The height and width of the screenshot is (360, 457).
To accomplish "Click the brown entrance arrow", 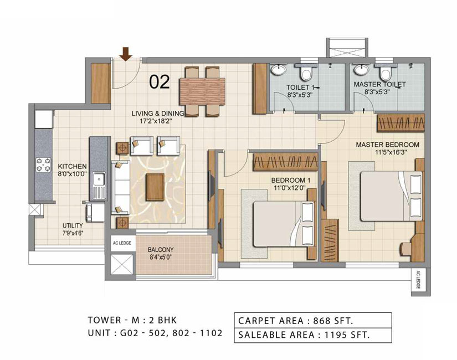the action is (x=126, y=54).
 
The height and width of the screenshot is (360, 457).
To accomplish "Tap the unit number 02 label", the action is (x=160, y=82).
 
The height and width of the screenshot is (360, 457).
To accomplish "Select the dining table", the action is (x=202, y=91).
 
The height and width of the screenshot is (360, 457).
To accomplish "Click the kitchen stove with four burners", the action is (x=43, y=164).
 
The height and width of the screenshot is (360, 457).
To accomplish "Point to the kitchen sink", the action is (x=99, y=178).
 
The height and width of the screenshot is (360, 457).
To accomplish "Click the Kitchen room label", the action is (x=72, y=167).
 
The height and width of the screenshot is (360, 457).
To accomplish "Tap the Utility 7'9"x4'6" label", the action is (x=73, y=229).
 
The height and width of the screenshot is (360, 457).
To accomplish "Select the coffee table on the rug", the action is (x=155, y=187).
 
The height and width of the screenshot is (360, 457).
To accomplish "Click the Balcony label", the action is (x=161, y=250).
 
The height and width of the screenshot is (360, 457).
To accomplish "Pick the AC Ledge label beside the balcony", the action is (x=122, y=243).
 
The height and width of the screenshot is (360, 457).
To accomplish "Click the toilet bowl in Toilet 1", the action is (x=306, y=73).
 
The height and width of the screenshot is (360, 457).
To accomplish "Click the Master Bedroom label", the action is (x=387, y=145).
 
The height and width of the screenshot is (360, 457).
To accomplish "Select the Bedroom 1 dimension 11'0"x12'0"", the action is (x=290, y=188).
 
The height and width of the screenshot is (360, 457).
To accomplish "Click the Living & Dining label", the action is (x=158, y=114).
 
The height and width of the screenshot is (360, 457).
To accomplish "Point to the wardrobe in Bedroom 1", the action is (x=285, y=162).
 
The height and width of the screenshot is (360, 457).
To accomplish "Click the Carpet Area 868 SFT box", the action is (x=313, y=320).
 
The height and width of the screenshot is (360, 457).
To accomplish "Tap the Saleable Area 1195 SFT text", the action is (x=304, y=335).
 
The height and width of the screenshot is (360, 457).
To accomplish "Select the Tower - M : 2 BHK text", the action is (x=132, y=320).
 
